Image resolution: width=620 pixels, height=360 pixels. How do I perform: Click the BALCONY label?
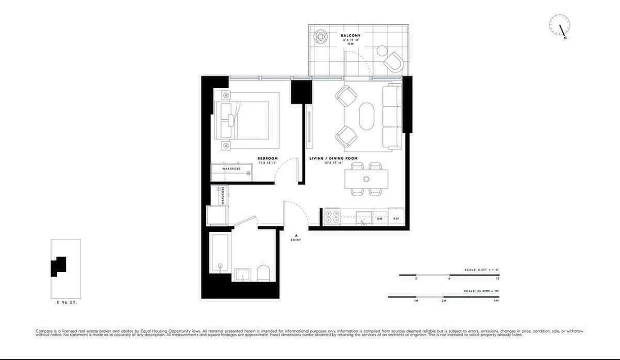coord(350,36)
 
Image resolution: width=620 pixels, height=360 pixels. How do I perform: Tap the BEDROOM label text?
coord(267,158)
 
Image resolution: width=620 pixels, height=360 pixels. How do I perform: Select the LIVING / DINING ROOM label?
coord(333,158)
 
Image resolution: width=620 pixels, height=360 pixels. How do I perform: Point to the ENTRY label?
coord(296,240)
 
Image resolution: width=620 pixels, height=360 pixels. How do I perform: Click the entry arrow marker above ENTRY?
coord(296,235)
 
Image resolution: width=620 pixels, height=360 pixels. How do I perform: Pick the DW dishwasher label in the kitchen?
coord(380,219)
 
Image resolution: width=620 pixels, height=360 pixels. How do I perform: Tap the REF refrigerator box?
coord(396,218)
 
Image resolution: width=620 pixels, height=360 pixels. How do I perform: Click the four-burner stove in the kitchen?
coord(332,217)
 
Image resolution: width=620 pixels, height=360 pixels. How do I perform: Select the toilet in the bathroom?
coord(262,273)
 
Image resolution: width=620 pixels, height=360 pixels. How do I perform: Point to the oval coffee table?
coord(366,116)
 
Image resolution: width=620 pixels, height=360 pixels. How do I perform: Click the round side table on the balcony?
coord(382,50)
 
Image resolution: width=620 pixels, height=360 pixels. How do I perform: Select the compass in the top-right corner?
coord(560,25)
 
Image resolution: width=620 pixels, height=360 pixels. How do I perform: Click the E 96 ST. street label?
coord(66,303)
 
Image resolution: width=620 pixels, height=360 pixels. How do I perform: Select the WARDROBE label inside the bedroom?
coord(231,169)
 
